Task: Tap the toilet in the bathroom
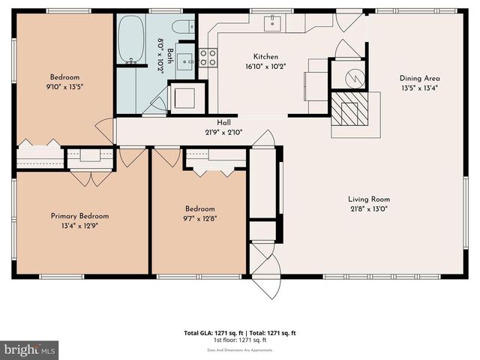[x=181, y=27]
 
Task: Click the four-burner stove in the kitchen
[x=208, y=58]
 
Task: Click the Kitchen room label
[x=265, y=56]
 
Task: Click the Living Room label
[x=369, y=199]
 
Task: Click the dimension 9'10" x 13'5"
[x=64, y=85]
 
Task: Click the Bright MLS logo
[x=30, y=349]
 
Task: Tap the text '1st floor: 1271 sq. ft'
[x=240, y=340]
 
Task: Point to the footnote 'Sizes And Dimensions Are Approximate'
[x=240, y=349]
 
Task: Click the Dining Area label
[x=419, y=77]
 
